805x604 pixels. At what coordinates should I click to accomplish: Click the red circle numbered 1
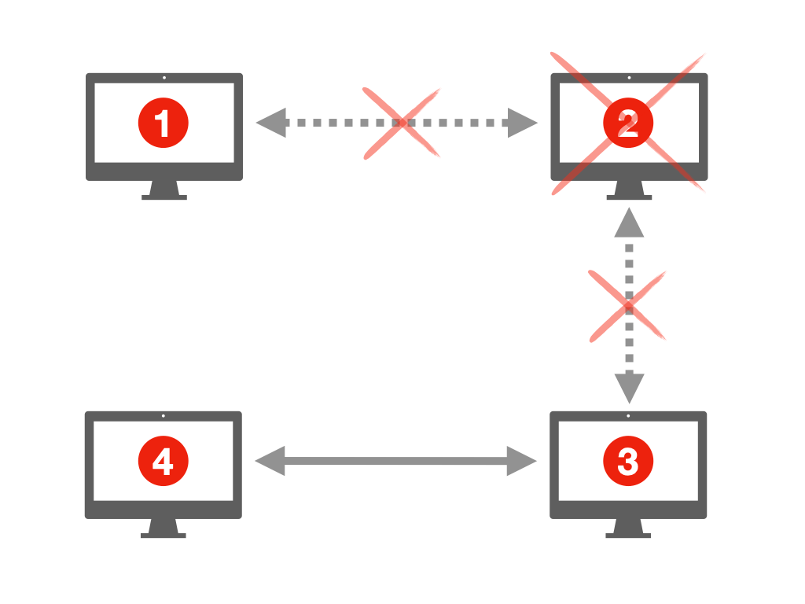point(164,123)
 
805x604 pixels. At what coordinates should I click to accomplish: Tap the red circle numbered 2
point(628,123)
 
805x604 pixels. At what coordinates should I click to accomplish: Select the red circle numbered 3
point(627,462)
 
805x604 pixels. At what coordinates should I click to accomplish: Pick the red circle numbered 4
point(163,462)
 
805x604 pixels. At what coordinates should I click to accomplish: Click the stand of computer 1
point(164,190)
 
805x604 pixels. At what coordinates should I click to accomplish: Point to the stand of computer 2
point(629,190)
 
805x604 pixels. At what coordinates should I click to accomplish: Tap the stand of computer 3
point(628,528)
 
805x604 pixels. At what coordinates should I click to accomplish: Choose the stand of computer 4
point(163,528)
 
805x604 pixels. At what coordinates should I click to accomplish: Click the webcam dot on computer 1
point(164,78)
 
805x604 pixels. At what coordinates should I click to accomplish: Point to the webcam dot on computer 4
point(163,416)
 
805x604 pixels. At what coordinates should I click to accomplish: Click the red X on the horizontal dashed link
point(401,123)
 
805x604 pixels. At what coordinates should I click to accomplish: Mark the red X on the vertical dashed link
point(628,306)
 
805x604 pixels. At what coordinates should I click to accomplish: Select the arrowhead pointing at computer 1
point(270,123)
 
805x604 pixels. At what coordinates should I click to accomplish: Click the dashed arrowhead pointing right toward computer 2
point(523,123)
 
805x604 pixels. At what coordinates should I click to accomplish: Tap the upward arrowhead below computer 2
point(629,223)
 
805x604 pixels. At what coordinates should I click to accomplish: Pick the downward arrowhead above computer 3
point(629,388)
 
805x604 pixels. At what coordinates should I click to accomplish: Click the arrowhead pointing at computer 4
point(270,461)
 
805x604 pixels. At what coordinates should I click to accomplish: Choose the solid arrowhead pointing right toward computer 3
point(523,461)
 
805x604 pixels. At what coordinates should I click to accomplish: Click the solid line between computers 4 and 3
point(396,461)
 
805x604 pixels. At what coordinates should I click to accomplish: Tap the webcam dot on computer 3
point(628,416)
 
